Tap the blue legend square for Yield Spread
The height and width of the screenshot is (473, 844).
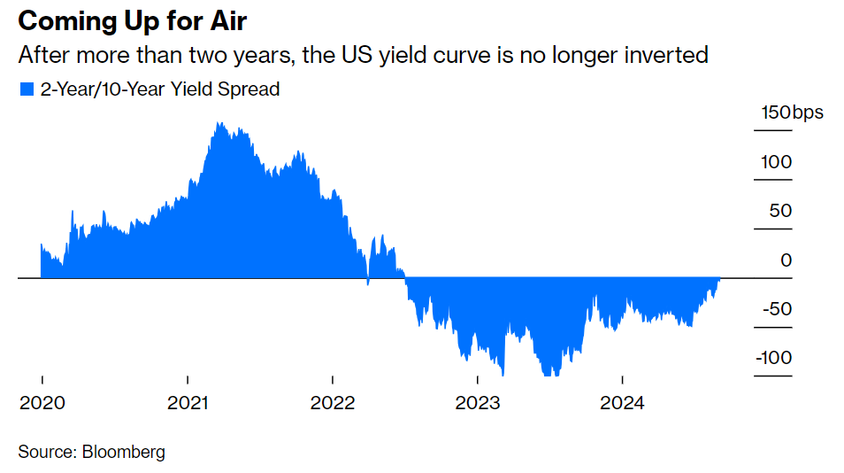click(27, 89)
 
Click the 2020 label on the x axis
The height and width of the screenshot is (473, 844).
click(42, 403)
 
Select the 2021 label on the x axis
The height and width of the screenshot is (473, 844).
click(188, 403)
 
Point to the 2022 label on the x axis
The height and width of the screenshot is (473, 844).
click(333, 403)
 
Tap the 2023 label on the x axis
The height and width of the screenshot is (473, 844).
click(478, 403)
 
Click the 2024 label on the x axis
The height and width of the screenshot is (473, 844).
click(622, 403)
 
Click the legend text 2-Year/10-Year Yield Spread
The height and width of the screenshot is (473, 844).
click(159, 89)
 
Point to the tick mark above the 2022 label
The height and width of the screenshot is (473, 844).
click(333, 379)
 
